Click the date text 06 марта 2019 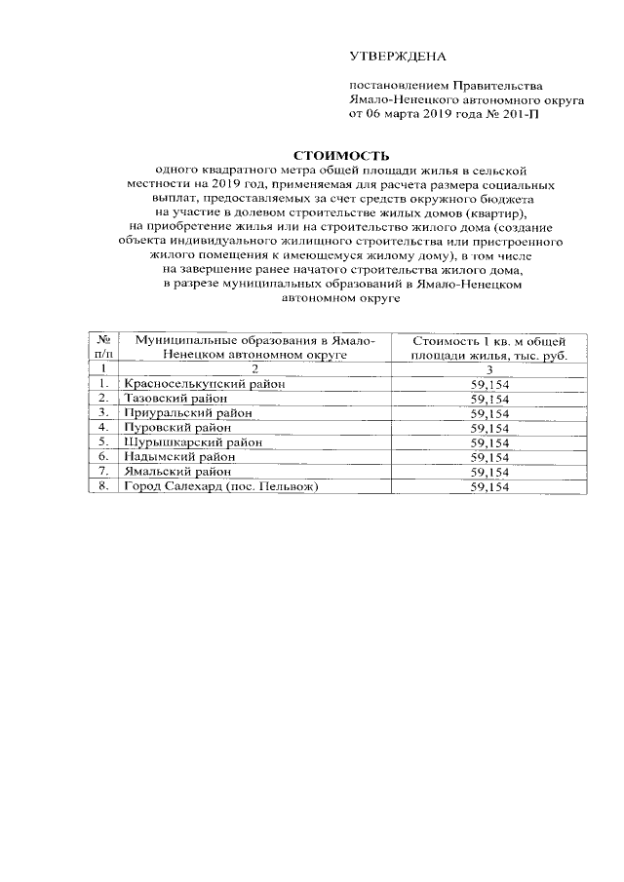[x=408, y=113]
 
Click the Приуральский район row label [x=182, y=413]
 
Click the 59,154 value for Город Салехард [x=489, y=487]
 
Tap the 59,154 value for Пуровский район [x=489, y=428]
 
